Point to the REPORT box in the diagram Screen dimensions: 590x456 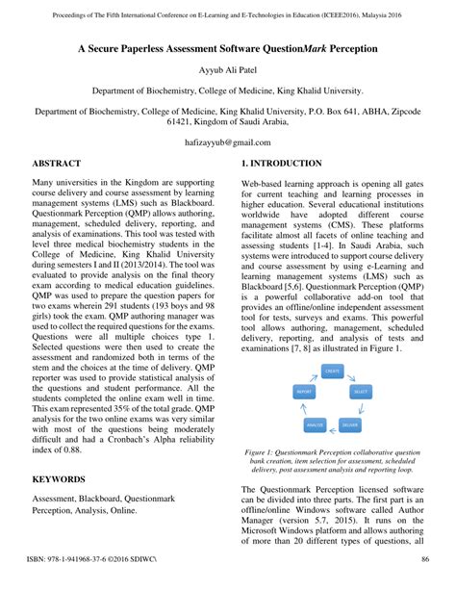coord(303,392)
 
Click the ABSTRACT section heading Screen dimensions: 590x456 coord(57,164)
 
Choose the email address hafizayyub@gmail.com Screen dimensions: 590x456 coord(228,141)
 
